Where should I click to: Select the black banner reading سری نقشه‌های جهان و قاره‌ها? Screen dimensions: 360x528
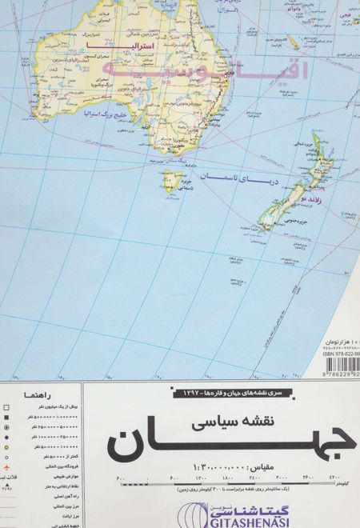[x=217, y=392]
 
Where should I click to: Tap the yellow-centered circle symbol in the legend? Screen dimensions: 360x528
[x=6, y=430]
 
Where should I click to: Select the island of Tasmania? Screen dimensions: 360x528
[x=170, y=182]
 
